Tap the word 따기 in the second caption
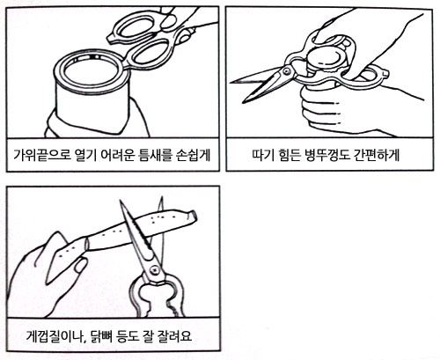pos(262,155)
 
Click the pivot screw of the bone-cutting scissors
pos(154,269)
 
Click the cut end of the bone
pos(193,217)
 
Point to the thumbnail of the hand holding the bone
pos(81,265)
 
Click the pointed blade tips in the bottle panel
pos(238,90)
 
